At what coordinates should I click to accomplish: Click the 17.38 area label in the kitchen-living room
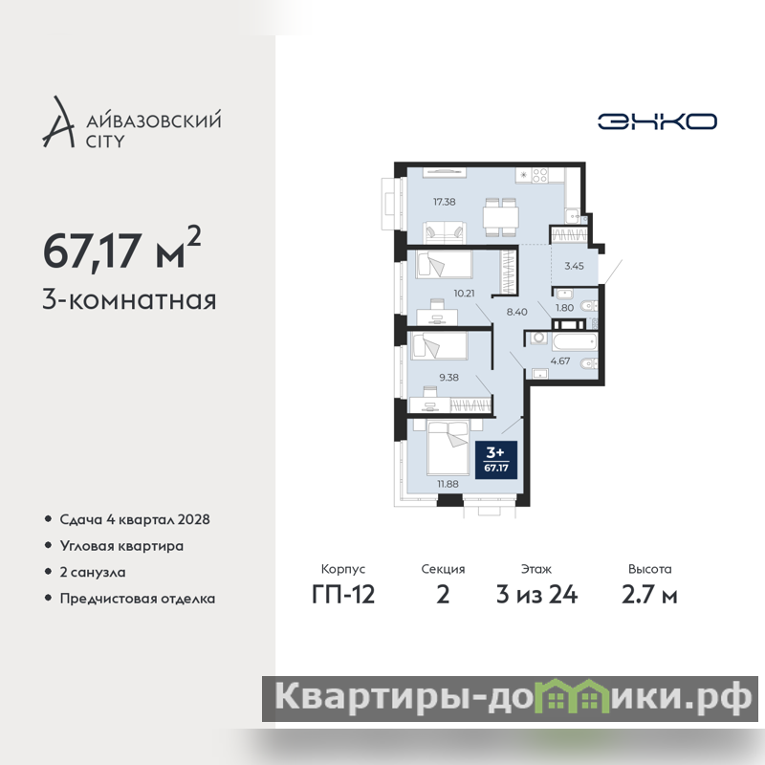click(444, 202)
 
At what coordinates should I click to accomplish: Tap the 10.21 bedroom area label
click(464, 294)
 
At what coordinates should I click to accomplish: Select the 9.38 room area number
click(448, 377)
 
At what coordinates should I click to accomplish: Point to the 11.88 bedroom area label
click(448, 484)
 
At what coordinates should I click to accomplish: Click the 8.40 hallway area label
click(516, 312)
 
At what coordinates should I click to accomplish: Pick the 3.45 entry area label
click(575, 266)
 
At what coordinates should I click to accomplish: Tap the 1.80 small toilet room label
click(564, 308)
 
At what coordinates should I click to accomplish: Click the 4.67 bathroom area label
click(560, 361)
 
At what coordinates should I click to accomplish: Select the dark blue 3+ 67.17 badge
click(496, 460)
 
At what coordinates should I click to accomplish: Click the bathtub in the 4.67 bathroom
click(575, 341)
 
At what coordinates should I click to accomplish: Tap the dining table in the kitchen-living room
click(500, 216)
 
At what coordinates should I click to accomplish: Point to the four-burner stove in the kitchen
click(539, 175)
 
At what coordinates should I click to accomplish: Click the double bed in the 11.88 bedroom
click(448, 448)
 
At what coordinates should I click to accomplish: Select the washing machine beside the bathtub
click(539, 339)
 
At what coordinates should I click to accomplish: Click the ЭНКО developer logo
click(657, 121)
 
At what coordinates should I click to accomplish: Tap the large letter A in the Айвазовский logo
click(58, 122)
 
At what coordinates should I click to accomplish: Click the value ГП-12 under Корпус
click(343, 595)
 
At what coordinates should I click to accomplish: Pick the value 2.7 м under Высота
click(649, 595)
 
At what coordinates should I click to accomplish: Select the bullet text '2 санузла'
click(93, 572)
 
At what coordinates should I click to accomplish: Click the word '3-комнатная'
click(129, 300)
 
